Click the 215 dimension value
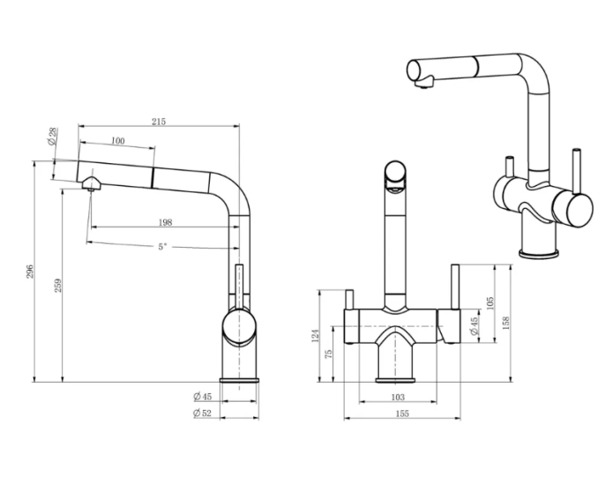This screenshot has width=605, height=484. point(159,122)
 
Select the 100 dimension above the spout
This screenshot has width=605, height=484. point(118,141)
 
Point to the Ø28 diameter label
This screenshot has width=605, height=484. point(52,136)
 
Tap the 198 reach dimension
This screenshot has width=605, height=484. point(166,222)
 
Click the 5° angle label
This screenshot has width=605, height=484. point(163,247)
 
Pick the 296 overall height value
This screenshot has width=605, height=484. point(30,272)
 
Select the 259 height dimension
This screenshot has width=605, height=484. point(58,286)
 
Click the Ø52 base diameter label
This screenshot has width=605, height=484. point(202,413)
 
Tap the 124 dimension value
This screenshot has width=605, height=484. point(315,336)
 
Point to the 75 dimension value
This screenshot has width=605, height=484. point(328,354)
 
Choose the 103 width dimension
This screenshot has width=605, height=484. point(398,397)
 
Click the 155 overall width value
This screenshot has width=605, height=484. point(402,413)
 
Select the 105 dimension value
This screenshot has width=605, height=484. point(490,303)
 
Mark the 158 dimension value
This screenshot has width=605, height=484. point(506,323)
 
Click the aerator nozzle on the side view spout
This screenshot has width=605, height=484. point(91,184)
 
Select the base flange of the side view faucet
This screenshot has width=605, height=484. point(239,380)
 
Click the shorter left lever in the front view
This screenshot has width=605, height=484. point(350,300)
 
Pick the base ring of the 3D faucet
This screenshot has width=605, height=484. point(539,254)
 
